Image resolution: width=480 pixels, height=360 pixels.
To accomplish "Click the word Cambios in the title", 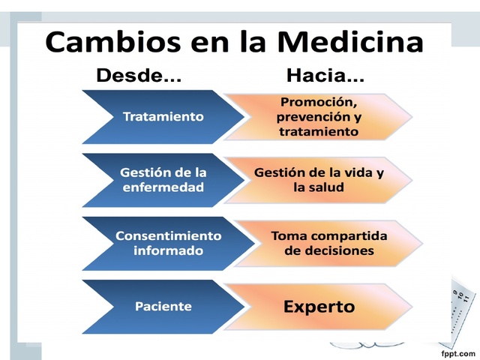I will (113, 41).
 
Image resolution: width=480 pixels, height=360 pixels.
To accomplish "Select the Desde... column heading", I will (139, 76).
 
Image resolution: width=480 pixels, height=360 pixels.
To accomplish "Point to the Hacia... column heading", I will (325, 76).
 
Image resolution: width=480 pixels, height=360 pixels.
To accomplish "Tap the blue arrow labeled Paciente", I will (163, 306).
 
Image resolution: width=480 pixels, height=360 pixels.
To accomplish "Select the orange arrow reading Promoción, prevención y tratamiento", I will (319, 117).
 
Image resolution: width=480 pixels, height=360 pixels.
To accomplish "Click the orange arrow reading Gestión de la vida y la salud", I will (319, 180).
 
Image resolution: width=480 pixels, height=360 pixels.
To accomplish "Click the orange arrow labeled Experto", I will (319, 306).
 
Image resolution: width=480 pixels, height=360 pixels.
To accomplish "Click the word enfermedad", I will (163, 187).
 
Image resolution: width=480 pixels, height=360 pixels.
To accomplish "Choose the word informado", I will (168, 250).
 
